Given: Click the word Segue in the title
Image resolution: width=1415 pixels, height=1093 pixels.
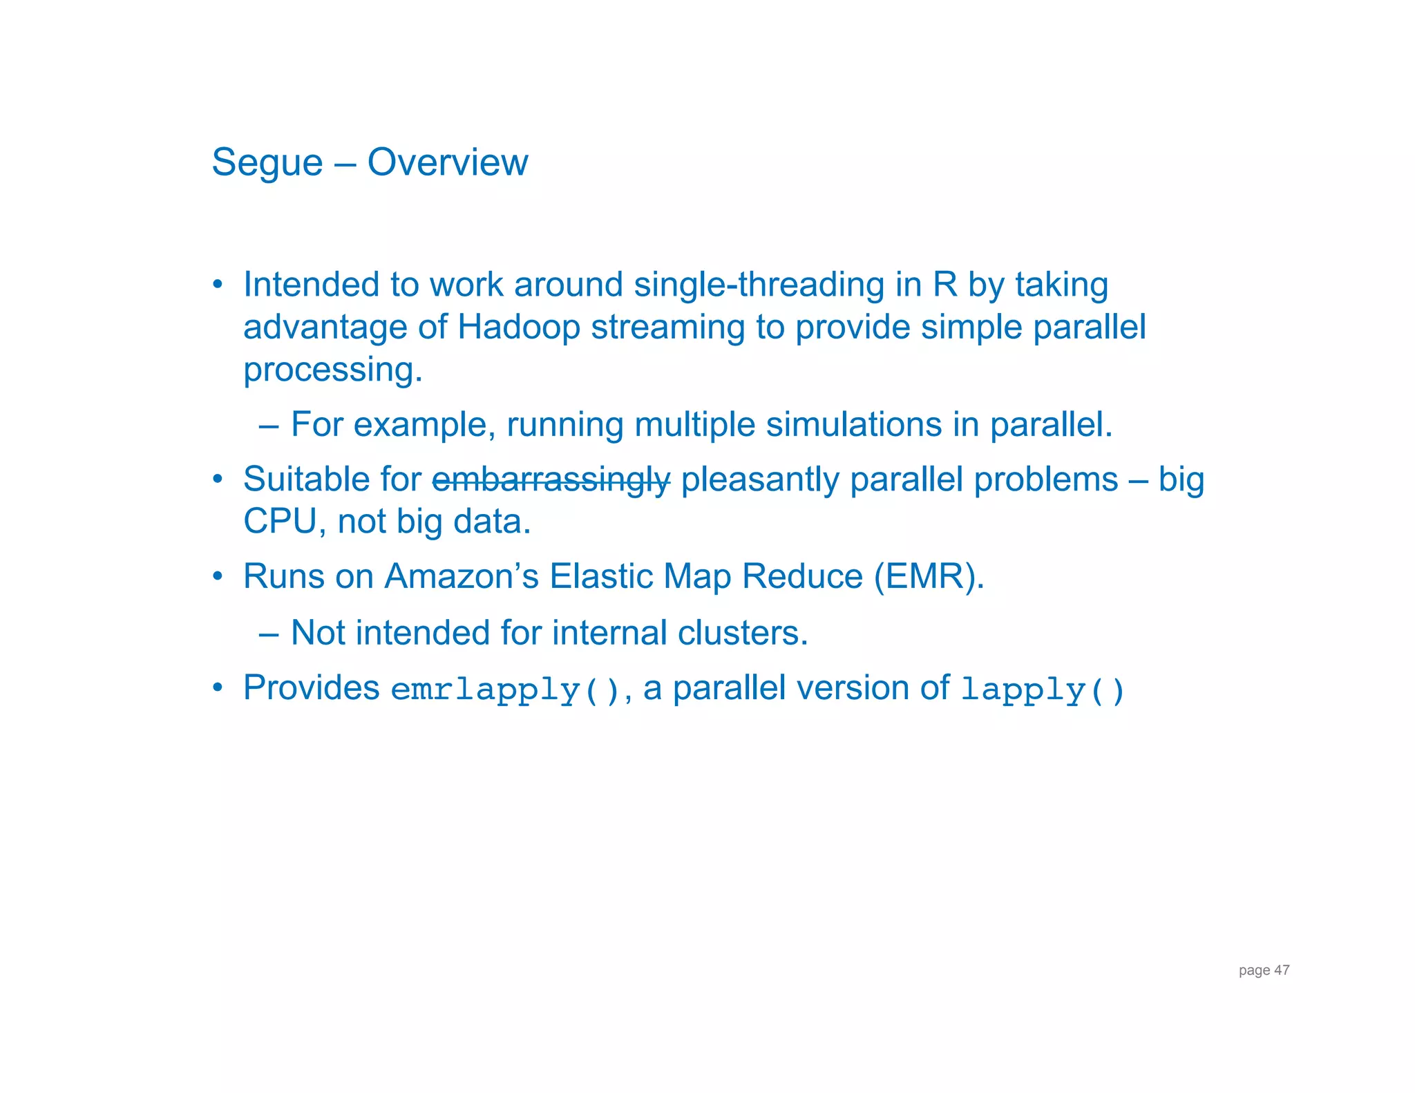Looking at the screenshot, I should click(267, 163).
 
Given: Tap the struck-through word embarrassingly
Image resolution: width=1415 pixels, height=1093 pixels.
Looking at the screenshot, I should click(551, 480).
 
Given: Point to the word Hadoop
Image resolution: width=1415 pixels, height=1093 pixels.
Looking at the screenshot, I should click(518, 327).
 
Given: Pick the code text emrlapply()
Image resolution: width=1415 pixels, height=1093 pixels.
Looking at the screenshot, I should click(506, 690).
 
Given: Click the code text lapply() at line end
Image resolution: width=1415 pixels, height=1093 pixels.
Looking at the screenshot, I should click(1042, 690).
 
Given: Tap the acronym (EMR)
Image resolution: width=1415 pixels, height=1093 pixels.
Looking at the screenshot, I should click(929, 576).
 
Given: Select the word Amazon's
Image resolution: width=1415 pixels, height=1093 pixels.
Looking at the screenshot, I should click(461, 576).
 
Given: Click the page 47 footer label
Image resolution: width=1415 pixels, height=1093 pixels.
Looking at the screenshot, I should click(1264, 970).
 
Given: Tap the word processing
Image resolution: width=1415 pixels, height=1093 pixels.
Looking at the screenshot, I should click(332, 370).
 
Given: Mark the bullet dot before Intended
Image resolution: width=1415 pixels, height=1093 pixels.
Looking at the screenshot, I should click(218, 284).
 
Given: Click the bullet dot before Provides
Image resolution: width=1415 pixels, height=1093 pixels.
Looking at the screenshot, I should click(218, 687).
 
